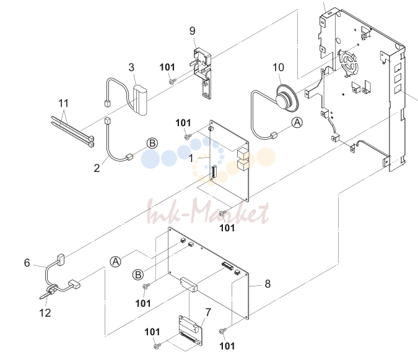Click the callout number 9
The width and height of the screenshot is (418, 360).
point(192,31)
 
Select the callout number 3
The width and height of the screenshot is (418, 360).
point(131,67)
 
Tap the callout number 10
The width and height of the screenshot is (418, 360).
point(278,67)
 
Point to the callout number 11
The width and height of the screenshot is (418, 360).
point(63,103)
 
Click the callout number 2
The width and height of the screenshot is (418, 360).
point(97,168)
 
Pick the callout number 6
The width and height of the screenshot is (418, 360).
point(27,263)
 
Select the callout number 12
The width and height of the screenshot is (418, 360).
point(45,313)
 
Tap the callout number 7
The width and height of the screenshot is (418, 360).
point(208,312)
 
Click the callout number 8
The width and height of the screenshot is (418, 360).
point(268,284)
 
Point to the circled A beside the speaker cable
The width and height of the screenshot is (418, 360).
point(297,122)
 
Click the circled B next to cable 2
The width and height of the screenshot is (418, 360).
point(152,144)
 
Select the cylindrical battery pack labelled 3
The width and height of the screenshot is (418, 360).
point(140,100)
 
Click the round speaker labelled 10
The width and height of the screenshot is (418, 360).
point(287,98)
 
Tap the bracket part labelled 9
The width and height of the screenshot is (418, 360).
point(202,73)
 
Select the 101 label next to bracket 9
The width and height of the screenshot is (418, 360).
point(167,67)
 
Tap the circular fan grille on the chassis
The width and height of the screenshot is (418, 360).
point(347,63)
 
